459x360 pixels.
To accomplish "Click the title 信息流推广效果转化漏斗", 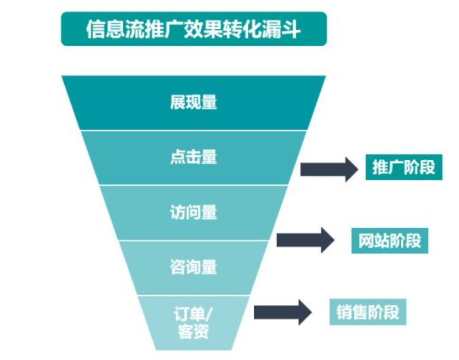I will (x=193, y=29).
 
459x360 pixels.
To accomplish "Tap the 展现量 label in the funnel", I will (x=193, y=103).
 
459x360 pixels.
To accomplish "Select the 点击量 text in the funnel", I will (x=193, y=157).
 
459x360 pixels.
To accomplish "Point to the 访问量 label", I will (x=193, y=212).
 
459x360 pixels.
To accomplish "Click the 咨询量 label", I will (x=193, y=267).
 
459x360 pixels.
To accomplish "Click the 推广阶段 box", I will (x=403, y=167).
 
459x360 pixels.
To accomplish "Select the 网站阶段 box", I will (x=390, y=241).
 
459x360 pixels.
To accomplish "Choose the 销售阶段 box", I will (x=368, y=312).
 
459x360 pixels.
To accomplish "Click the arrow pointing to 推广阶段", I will (x=329, y=168).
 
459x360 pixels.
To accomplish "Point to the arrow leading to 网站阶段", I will (x=305, y=240).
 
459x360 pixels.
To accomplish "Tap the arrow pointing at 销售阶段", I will (x=283, y=311).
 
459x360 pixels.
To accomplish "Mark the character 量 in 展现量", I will (x=209, y=103).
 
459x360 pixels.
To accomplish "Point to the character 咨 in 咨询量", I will (x=178, y=267).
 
